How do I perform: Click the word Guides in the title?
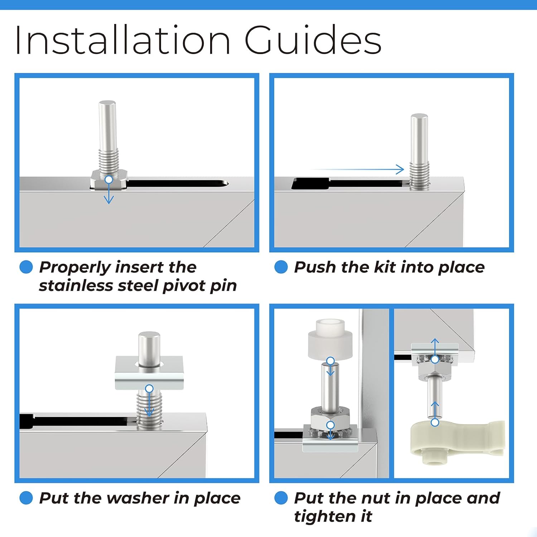(x=313, y=40)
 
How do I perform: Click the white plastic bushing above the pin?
(x=330, y=339)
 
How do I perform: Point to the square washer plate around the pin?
(x=149, y=373)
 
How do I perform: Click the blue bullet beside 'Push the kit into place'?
(x=281, y=267)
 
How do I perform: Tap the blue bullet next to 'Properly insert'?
(x=26, y=267)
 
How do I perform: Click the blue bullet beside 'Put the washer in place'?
(x=26, y=498)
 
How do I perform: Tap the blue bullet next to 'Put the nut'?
(x=281, y=498)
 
